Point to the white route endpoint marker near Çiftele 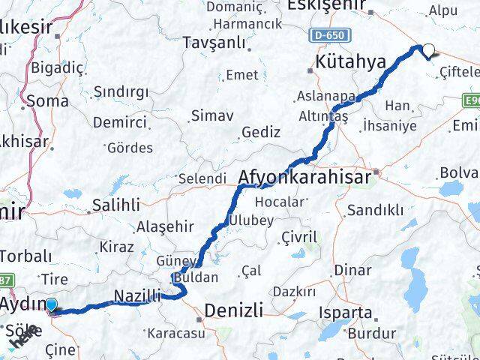pos(428,51)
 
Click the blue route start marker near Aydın pos(51,304)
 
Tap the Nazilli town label pos(137,297)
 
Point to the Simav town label pos(212,115)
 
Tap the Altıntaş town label pos(322,117)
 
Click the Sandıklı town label pos(380,210)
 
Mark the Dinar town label pos(353,270)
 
